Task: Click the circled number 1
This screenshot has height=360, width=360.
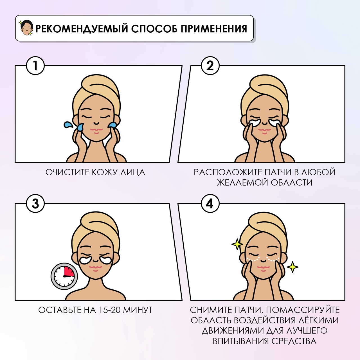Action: coord(35,66)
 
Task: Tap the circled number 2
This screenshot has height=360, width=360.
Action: coord(210,66)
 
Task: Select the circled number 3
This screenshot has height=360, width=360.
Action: coord(35,204)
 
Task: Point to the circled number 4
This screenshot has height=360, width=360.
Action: coord(210,204)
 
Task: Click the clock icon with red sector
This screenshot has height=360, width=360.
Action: coord(64,276)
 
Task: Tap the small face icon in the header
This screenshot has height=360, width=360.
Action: coord(26,28)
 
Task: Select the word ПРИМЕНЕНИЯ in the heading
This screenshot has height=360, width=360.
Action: coord(214,29)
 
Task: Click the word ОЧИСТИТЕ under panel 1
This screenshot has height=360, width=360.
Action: coord(67,172)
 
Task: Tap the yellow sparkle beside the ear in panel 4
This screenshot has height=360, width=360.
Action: coord(237,244)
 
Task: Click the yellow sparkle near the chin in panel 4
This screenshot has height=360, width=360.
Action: coord(292,267)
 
